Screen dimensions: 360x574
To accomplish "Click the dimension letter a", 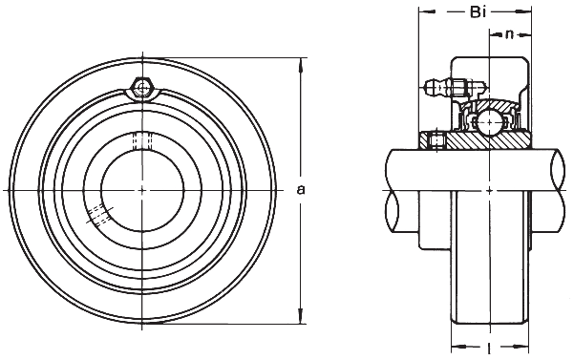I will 301,190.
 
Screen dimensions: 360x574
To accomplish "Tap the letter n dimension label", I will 510,36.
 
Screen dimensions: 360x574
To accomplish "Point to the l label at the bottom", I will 490,346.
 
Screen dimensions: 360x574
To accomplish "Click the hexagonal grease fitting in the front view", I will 142,89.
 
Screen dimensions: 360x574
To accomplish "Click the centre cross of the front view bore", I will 142,190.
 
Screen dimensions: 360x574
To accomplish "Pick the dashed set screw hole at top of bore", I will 142,140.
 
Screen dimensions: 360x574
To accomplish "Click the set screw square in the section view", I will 437,142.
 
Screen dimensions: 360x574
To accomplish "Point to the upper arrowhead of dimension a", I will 301,64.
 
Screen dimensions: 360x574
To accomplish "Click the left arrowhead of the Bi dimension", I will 423,14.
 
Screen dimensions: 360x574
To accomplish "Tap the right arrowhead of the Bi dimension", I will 527,14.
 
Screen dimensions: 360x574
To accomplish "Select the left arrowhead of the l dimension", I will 455,346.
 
